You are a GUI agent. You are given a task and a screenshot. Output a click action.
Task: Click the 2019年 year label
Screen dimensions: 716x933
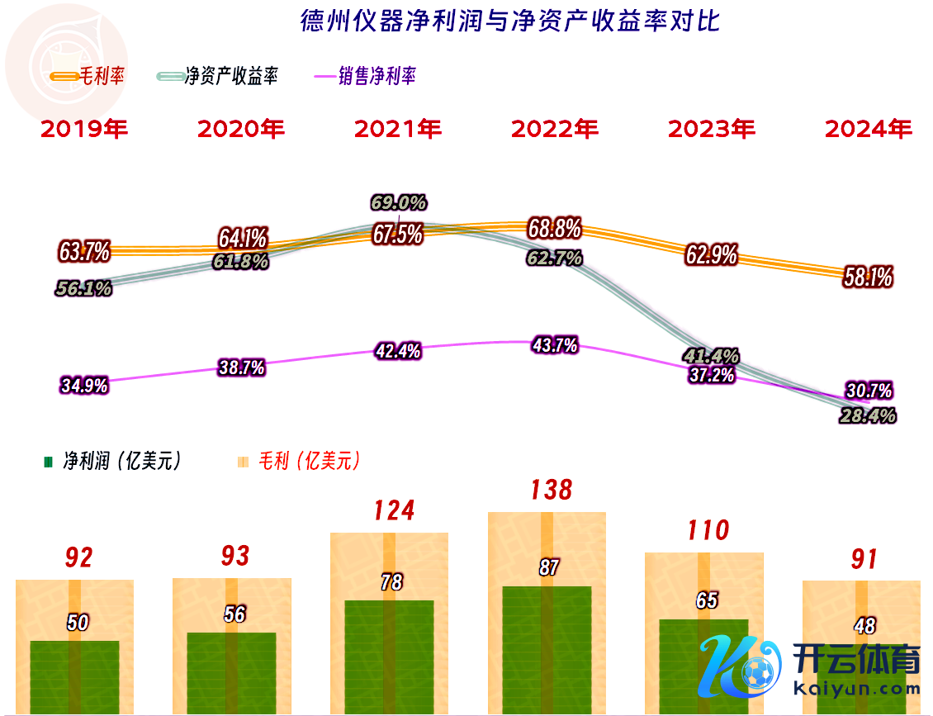pos(84,129)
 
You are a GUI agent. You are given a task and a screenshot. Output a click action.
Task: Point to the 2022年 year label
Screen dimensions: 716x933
pos(555,129)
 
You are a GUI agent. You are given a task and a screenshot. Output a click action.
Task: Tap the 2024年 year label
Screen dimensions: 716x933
pos(869,129)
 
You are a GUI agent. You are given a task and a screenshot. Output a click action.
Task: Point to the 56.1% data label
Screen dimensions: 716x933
pos(83,288)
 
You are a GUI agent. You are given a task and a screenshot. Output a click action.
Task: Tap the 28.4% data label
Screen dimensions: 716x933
pos(868,415)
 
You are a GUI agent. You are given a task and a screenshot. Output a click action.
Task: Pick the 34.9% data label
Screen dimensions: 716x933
pos(83,386)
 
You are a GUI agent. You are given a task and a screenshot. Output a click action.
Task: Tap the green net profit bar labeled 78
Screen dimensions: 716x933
pos(390,652)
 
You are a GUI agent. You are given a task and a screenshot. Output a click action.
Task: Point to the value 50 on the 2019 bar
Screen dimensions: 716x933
pos(78,623)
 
